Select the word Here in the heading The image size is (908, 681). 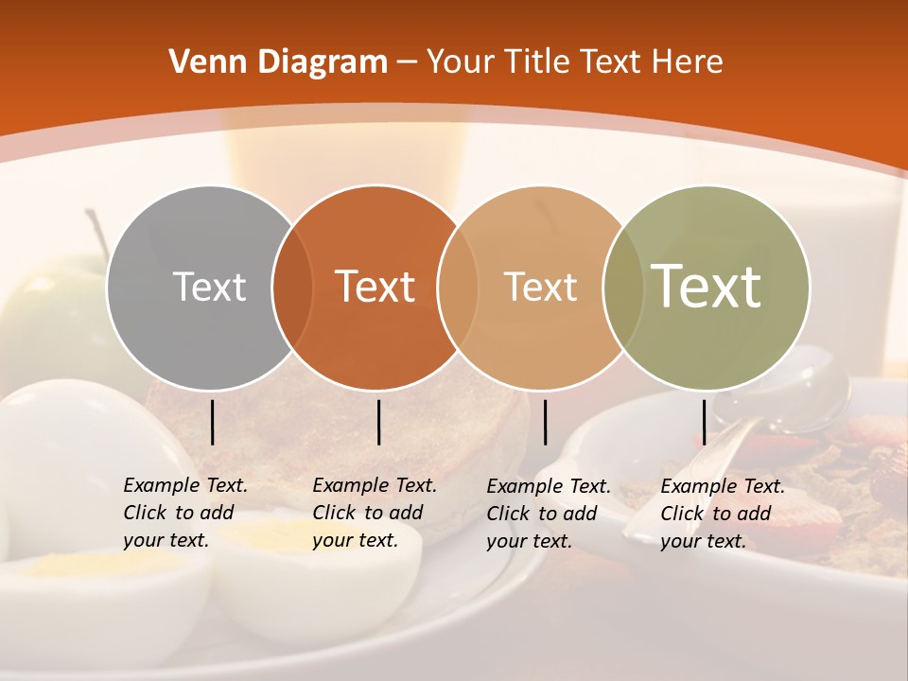point(688,62)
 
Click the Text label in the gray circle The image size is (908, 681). point(209,287)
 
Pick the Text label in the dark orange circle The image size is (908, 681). point(375,287)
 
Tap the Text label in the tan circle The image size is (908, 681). point(540,287)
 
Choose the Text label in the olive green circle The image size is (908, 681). point(707,287)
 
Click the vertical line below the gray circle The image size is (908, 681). point(213,422)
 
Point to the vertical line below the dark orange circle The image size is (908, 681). point(378,422)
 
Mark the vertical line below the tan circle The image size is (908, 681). point(545,422)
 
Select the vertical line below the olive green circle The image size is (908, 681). point(704,422)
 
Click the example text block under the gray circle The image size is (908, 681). point(185,513)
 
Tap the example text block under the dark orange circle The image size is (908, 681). point(375,513)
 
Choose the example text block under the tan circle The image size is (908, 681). point(549,514)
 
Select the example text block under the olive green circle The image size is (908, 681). point(723,514)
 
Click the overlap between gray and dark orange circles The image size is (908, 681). point(292,288)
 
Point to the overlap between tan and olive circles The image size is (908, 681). point(623,288)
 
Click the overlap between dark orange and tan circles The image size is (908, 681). point(458,288)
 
